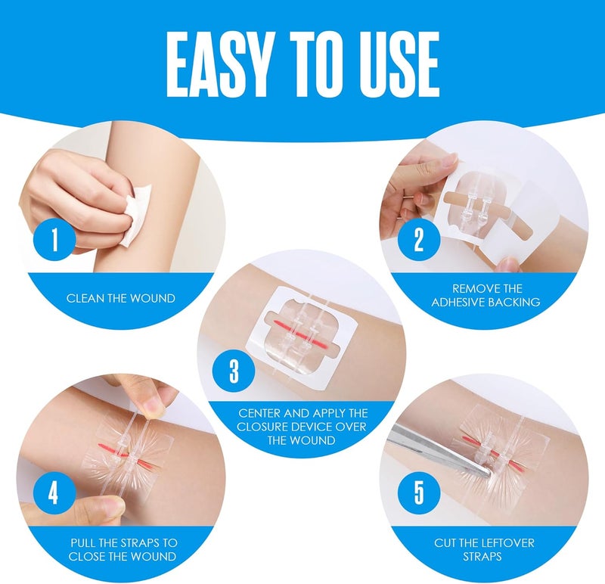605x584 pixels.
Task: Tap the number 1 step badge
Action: pyautogui.click(x=54, y=241)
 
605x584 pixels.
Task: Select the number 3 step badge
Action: pyautogui.click(x=235, y=372)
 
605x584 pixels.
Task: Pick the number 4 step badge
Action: pyautogui.click(x=53, y=493)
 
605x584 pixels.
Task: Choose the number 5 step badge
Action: pyautogui.click(x=420, y=493)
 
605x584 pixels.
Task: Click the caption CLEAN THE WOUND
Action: pyautogui.click(x=121, y=298)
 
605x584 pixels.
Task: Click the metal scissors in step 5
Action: pyautogui.click(x=439, y=452)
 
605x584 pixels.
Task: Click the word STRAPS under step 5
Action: pyautogui.click(x=486, y=557)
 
